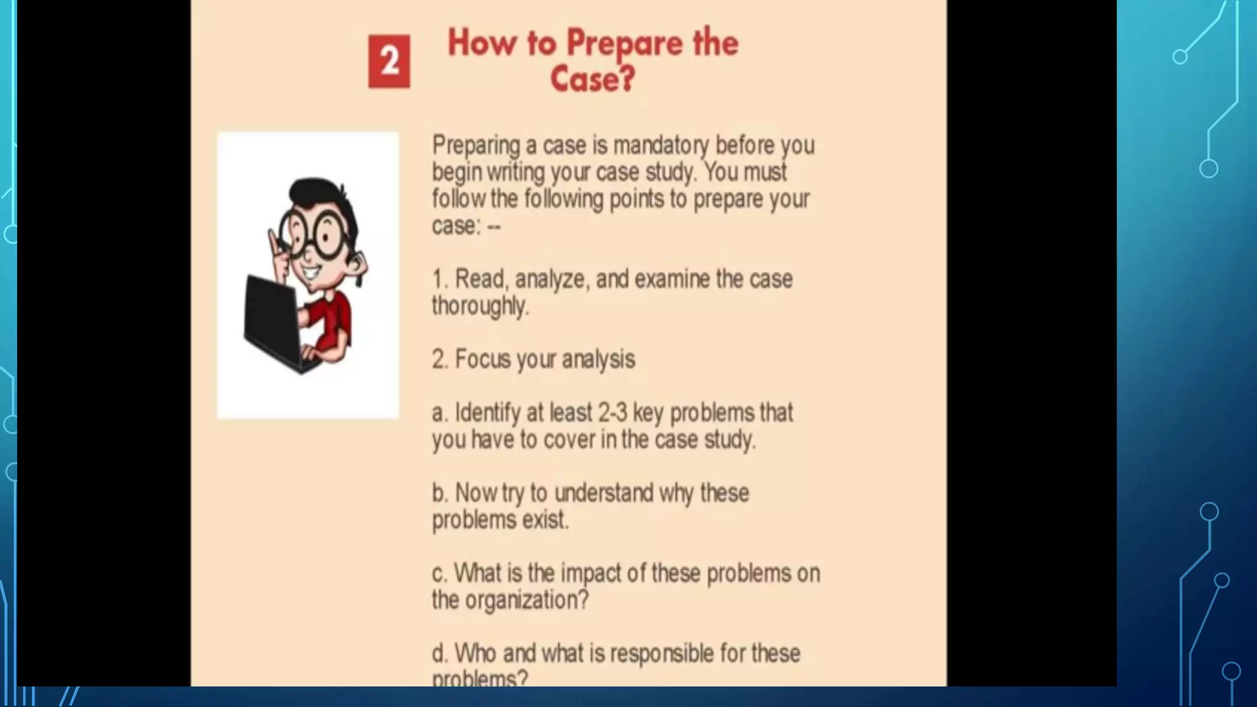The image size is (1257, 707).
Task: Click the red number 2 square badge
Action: click(389, 61)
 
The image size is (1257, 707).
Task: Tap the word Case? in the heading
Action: click(592, 79)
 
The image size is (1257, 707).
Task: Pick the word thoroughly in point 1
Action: click(480, 306)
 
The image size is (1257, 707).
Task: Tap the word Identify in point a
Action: click(487, 413)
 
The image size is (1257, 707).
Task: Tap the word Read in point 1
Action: click(481, 279)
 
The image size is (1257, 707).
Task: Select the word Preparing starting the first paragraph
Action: click(476, 146)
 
